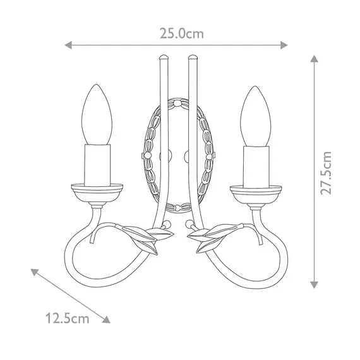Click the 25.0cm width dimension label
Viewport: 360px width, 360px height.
[182, 33]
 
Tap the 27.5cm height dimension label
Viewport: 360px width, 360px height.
[326, 173]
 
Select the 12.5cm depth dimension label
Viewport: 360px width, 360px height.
[68, 318]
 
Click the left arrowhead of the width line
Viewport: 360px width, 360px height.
[68, 45]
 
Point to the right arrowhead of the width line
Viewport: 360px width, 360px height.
[284, 45]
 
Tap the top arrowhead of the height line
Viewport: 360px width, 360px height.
[314, 59]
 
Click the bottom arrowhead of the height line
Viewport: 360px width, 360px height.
[314, 285]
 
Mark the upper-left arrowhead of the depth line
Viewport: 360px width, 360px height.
[34, 272]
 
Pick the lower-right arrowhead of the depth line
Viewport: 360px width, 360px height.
[106, 320]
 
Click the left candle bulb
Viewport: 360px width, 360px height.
[97, 115]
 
